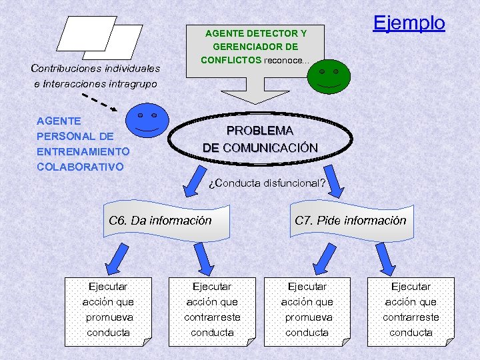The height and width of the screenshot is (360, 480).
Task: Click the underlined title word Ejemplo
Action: pyautogui.click(x=408, y=23)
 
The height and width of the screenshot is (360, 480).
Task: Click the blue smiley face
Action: pyautogui.click(x=147, y=121)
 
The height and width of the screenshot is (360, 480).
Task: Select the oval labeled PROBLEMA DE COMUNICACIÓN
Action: pyautogui.click(x=260, y=139)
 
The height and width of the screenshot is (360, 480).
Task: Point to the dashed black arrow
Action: pyautogui.click(x=101, y=102)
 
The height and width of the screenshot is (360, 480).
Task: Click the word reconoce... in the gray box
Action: pyautogui.click(x=287, y=61)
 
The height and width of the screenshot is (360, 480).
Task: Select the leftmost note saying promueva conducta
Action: pyautogui.click(x=108, y=310)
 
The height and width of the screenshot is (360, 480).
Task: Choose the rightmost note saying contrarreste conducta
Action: pyautogui.click(x=411, y=310)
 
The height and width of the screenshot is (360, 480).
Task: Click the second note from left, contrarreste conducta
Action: pyautogui.click(x=212, y=310)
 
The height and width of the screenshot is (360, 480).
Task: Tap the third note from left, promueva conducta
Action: pyautogui.click(x=307, y=310)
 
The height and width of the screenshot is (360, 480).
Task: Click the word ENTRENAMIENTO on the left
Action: pyautogui.click(x=83, y=151)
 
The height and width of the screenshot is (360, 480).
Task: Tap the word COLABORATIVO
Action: pyautogui.click(x=80, y=167)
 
